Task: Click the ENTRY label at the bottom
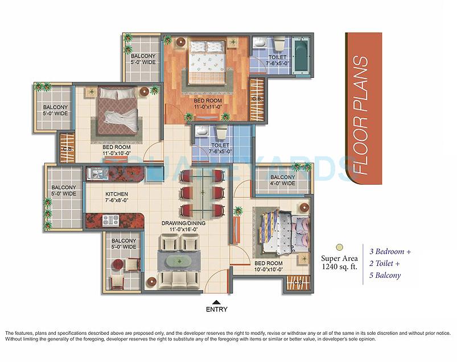point(216,310)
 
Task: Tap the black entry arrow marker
point(216,302)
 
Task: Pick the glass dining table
point(201,194)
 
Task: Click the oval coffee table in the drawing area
point(180,263)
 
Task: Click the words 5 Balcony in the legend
point(385,276)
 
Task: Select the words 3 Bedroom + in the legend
point(390,251)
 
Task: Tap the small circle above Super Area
point(339,247)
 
